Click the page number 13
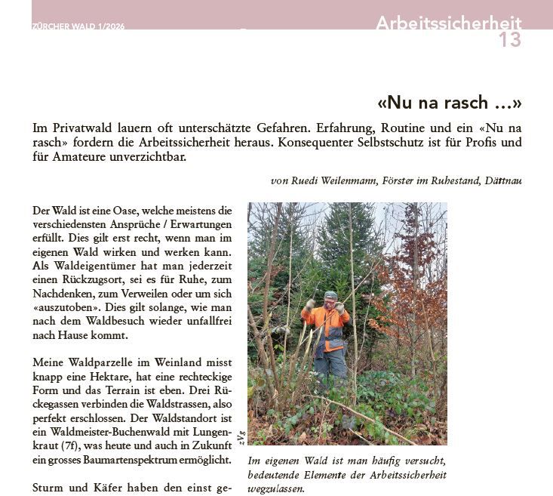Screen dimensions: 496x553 click(x=509, y=40)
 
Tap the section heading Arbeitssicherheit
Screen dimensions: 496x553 click(x=448, y=23)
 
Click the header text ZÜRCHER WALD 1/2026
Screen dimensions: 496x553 click(x=78, y=26)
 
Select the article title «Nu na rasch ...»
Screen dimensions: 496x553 click(x=449, y=103)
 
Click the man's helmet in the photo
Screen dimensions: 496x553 click(x=330, y=295)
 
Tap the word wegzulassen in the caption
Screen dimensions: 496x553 click(x=276, y=488)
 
